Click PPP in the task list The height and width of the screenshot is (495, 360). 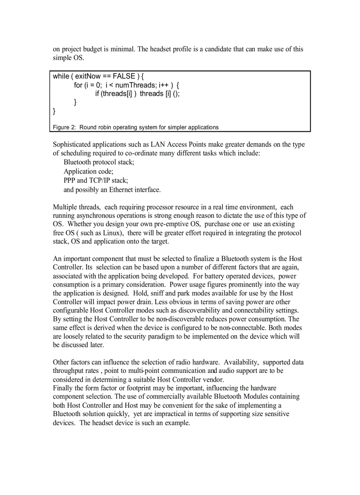tap(69, 180)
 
